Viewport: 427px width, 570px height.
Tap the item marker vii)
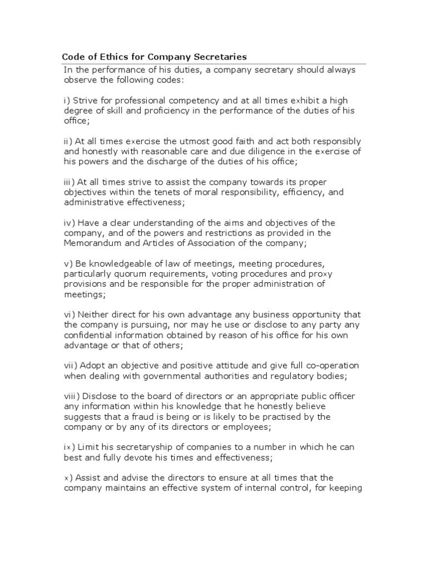(71, 365)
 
